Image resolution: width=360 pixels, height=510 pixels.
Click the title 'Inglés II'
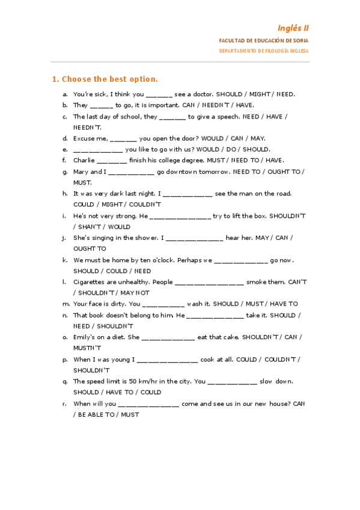point(293,28)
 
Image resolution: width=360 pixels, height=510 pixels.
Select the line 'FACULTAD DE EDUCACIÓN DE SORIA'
point(264,40)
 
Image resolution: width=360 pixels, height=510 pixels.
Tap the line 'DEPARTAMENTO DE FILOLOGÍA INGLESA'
point(264,51)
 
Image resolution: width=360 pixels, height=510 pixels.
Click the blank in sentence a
point(159,94)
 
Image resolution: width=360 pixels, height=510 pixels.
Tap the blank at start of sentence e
point(97,150)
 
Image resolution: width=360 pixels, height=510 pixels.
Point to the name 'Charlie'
point(84,161)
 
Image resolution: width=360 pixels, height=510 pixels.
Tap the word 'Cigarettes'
point(90,282)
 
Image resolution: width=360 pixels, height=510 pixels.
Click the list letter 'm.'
point(66,304)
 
